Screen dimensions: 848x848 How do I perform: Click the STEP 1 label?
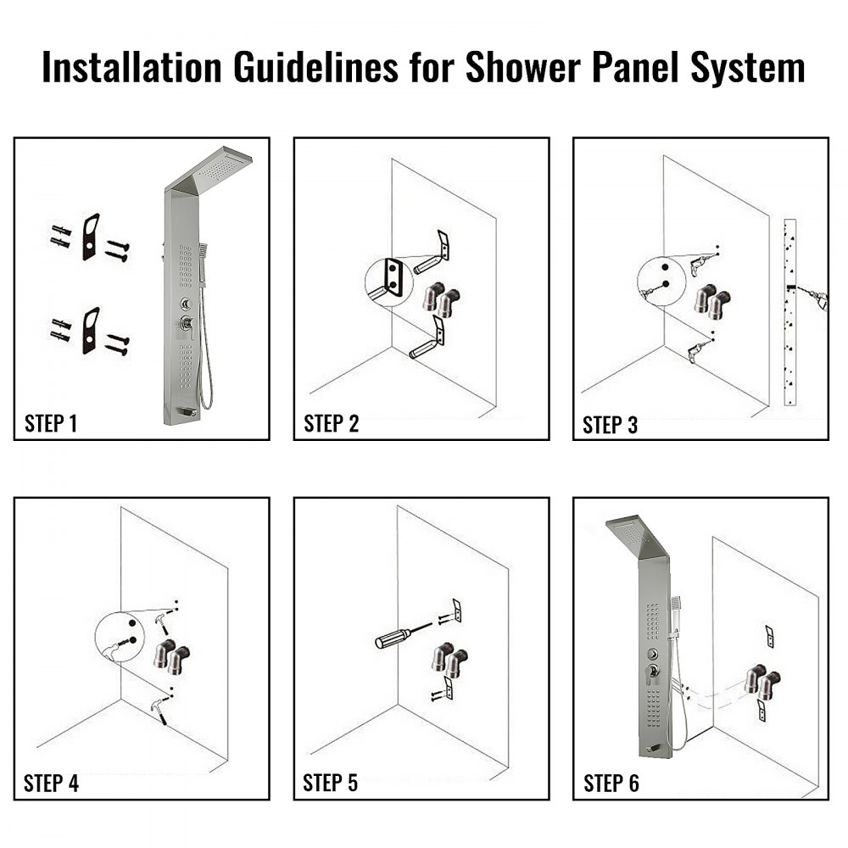click(x=51, y=423)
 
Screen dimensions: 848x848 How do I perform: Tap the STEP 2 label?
click(x=331, y=423)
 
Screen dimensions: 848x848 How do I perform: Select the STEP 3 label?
click(x=611, y=425)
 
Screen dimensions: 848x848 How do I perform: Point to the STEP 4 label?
click(x=52, y=784)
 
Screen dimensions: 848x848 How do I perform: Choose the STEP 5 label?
click(x=331, y=784)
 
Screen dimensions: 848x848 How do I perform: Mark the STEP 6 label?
click(x=611, y=784)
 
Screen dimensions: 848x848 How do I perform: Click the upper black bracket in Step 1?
click(x=91, y=237)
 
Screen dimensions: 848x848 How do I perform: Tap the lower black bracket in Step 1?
click(x=91, y=331)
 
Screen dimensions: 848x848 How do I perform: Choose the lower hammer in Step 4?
click(x=160, y=706)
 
